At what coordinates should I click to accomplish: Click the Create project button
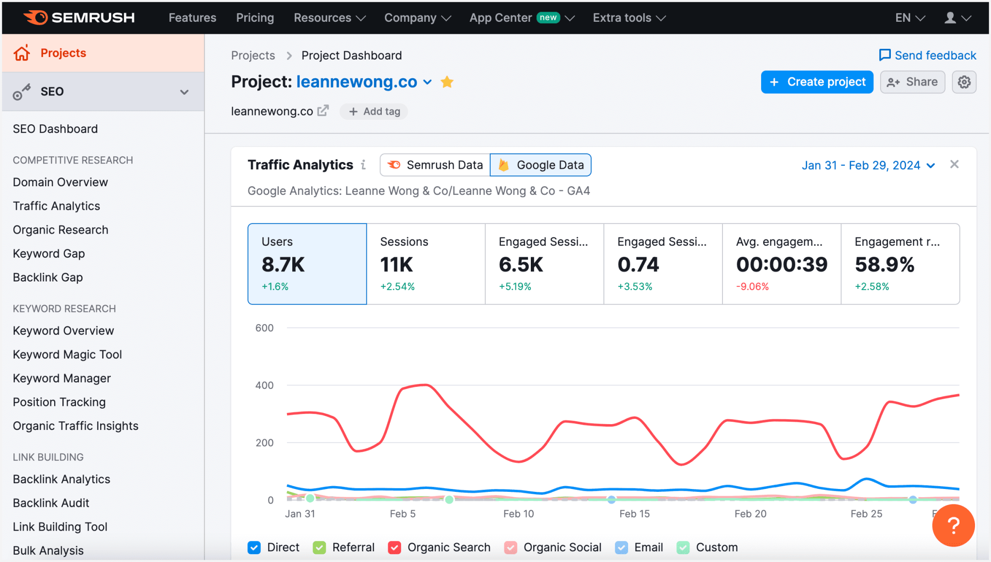(817, 82)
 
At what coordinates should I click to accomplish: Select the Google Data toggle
(541, 165)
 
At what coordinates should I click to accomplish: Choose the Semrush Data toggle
(435, 165)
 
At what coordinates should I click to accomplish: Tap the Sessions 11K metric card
(425, 264)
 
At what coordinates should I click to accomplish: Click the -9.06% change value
(752, 286)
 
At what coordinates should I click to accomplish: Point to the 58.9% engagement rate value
(884, 265)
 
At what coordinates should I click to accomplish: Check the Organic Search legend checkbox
(394, 547)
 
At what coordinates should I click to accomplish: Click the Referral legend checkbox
(319, 547)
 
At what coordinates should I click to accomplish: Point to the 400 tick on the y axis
(264, 385)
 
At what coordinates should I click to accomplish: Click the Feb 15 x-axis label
(634, 514)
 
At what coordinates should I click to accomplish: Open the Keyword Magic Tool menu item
(67, 355)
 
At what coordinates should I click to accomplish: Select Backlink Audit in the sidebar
(51, 503)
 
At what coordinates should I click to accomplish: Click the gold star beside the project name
(447, 82)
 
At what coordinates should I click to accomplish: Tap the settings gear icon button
(964, 82)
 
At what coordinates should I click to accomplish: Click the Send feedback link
(928, 55)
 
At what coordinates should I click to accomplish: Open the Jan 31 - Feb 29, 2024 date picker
(868, 165)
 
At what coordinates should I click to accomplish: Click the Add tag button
(374, 111)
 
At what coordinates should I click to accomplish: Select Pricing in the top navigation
(255, 18)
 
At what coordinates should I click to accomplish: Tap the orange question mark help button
(953, 525)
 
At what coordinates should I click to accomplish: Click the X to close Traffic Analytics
(954, 164)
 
